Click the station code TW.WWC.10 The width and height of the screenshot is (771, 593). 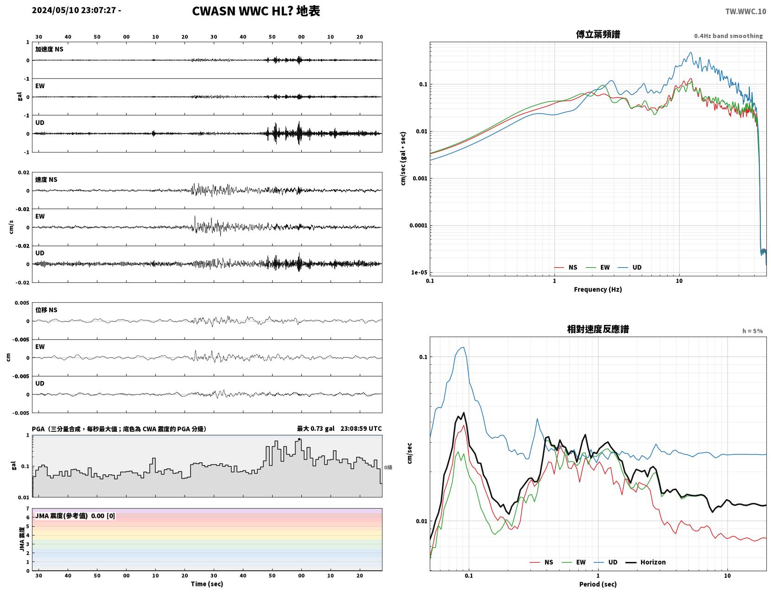(745, 11)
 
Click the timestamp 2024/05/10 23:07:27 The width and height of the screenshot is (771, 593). (74, 10)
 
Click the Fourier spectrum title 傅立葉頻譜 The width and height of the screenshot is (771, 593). (598, 34)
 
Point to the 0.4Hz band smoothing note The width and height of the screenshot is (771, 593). (728, 36)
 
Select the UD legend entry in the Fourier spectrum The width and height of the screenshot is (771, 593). (630, 267)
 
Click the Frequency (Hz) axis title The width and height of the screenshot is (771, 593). (598, 289)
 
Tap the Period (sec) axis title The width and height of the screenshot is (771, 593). (598, 584)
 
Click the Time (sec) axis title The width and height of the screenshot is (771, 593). (207, 583)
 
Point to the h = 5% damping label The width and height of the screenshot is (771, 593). (752, 331)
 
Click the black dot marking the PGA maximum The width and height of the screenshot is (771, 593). (299, 439)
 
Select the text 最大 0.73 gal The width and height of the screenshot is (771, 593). (315, 428)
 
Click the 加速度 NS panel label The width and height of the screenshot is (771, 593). (49, 49)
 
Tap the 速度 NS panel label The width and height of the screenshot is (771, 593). (46, 179)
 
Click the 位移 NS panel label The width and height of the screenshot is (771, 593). (46, 310)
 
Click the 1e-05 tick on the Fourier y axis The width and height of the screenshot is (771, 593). (419, 272)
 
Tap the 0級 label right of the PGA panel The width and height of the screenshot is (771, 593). (388, 467)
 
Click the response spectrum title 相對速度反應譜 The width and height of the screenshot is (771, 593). (598, 329)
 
